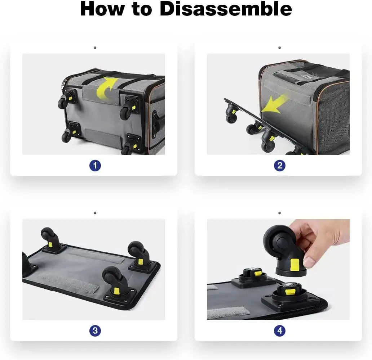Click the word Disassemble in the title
click(x=226, y=9)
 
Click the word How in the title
click(x=102, y=9)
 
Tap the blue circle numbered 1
click(x=95, y=166)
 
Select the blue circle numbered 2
click(x=280, y=166)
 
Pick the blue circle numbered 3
click(x=95, y=330)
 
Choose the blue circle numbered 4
click(x=280, y=330)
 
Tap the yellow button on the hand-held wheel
click(x=294, y=264)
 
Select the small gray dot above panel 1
click(x=95, y=48)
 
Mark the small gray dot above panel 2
click(x=279, y=48)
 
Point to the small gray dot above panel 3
click(x=95, y=213)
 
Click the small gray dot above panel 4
click(x=279, y=213)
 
